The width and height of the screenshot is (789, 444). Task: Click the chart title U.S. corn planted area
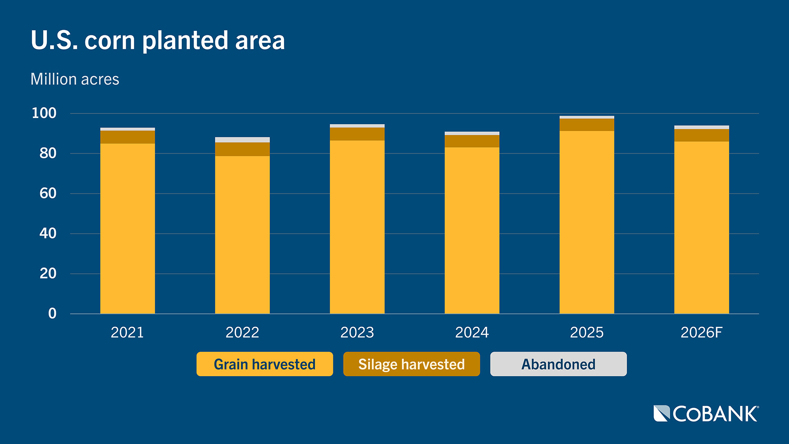158,41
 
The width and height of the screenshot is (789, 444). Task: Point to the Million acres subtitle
75,79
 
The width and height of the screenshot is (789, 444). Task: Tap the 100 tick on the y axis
44,113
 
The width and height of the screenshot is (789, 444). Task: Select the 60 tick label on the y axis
48,193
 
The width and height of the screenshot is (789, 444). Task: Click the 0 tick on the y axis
52,313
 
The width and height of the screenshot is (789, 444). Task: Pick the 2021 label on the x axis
127,332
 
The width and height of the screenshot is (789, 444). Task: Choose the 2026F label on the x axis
701,332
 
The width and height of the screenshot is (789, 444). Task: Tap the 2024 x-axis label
472,332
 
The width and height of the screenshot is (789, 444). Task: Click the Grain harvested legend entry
265,364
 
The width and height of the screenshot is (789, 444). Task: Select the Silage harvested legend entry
411,364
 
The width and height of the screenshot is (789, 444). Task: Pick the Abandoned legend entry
558,364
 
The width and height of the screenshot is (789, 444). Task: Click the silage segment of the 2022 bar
242,149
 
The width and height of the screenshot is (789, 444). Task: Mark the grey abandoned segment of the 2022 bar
242,140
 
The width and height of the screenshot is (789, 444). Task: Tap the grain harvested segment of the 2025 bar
587,222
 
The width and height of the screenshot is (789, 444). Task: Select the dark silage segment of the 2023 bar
357,134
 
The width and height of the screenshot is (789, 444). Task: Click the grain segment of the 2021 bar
127,228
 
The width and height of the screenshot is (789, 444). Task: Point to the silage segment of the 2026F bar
701,135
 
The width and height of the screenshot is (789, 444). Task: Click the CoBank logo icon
662,414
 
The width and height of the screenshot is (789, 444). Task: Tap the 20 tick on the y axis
48,273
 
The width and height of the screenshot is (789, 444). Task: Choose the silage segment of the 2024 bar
472,141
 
